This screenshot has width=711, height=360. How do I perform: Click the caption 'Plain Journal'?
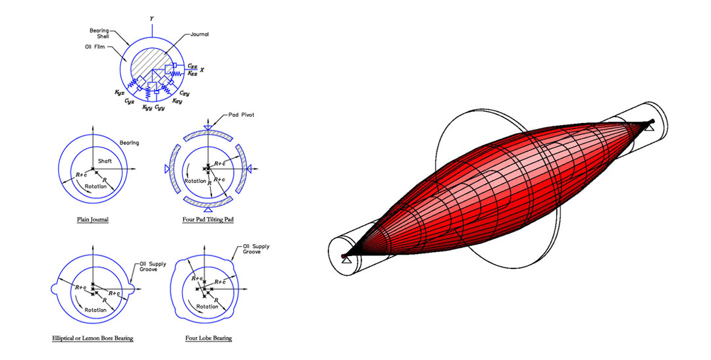(92, 219)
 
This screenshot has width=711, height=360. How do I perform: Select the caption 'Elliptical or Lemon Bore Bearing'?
(93, 338)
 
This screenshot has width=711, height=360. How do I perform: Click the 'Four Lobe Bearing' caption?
(208, 338)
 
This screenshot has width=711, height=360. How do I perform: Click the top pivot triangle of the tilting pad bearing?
(208, 126)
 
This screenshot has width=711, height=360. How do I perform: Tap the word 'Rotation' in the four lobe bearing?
(207, 307)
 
